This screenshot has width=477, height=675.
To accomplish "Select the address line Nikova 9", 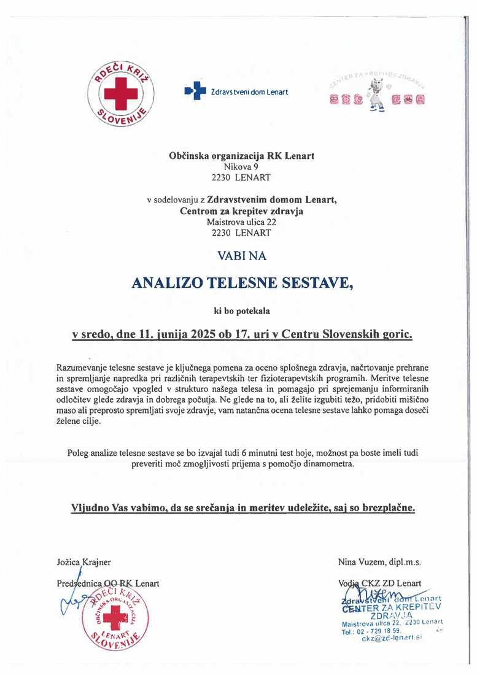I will click(x=241, y=167).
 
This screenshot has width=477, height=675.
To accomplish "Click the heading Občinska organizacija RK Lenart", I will click(x=241, y=156).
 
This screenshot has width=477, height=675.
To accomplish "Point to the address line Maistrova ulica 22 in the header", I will click(x=241, y=222).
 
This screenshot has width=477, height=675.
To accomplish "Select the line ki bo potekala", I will click(x=241, y=311).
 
